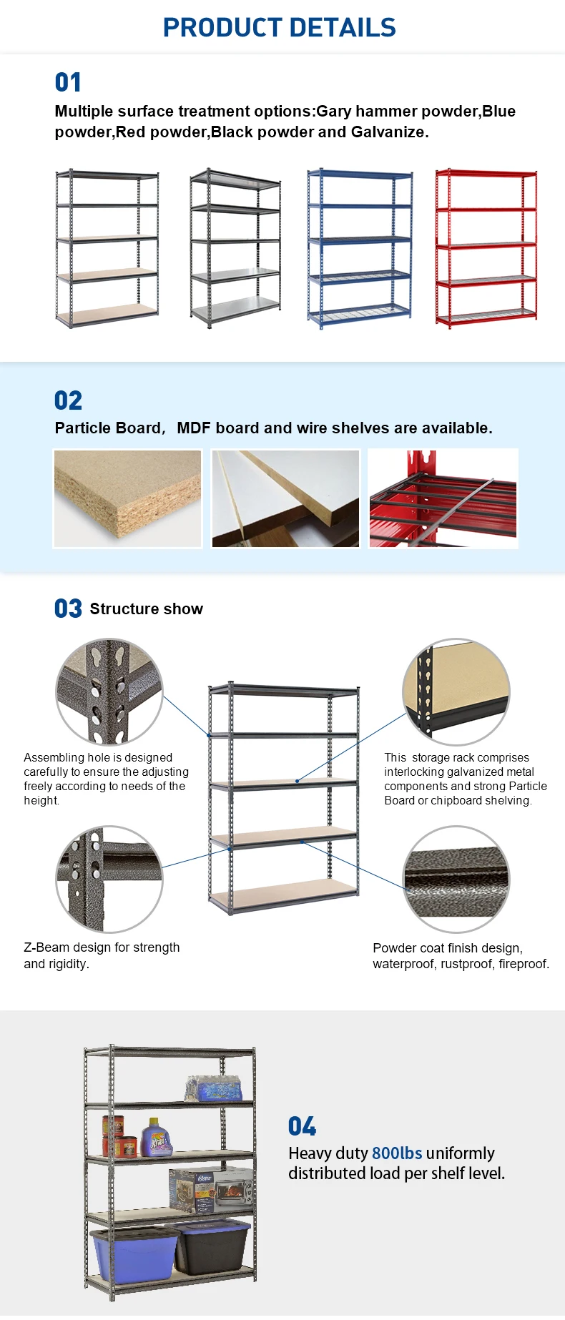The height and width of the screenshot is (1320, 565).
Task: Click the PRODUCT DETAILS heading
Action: tap(280, 28)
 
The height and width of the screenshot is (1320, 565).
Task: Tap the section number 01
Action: tap(68, 82)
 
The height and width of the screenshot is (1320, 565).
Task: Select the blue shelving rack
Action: tap(360, 249)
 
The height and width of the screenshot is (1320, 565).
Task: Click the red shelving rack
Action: tap(486, 248)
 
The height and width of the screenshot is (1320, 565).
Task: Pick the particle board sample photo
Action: tap(128, 498)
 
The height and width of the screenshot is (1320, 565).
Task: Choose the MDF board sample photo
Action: tap(285, 498)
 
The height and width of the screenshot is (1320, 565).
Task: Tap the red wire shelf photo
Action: tap(443, 498)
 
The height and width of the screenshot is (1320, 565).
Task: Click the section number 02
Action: tap(68, 400)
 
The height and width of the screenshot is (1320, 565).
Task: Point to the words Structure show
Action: tap(147, 609)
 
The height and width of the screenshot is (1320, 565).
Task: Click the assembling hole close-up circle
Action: tap(109, 692)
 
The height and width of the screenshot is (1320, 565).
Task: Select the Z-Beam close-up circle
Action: tap(109, 879)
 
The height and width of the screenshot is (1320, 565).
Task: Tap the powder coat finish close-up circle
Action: tap(456, 880)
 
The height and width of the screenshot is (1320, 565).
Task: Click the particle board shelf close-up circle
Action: tap(456, 692)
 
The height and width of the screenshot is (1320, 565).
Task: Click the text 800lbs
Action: tap(397, 1153)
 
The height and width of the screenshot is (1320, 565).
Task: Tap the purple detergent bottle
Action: tap(157, 1138)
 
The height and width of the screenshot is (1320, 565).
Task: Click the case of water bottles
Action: tap(214, 1088)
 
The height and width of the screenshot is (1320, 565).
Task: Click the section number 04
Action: tap(302, 1126)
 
